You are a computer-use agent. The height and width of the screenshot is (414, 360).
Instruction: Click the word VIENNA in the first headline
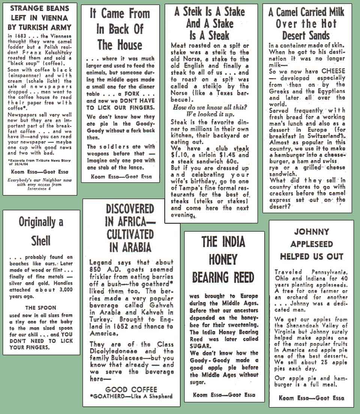click(55, 18)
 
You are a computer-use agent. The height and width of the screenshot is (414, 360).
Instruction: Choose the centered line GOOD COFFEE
click(131, 389)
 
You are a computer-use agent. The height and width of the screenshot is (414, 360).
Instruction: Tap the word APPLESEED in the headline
click(311, 244)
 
